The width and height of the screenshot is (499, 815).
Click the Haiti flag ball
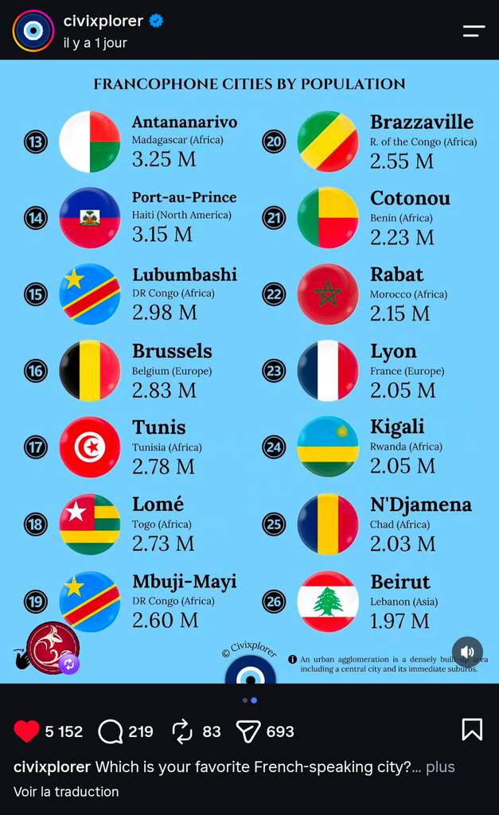pyautogui.click(x=90, y=218)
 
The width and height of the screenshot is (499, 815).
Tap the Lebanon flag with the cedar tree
pyautogui.click(x=328, y=602)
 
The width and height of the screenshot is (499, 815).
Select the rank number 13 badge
pyautogui.click(x=36, y=142)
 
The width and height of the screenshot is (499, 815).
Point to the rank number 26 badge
pyautogui.click(x=274, y=602)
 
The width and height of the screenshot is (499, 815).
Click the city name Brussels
pyautogui.click(x=172, y=351)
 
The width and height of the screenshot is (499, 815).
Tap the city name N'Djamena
pyautogui.click(x=421, y=504)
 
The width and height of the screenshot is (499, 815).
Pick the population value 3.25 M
pyautogui.click(x=164, y=159)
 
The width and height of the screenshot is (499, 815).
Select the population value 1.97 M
pyautogui.click(x=400, y=621)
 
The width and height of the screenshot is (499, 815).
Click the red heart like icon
pyautogui.click(x=26, y=731)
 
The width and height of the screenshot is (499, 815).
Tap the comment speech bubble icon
pyautogui.click(x=110, y=732)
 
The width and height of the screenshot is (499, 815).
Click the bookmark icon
pyautogui.click(x=472, y=729)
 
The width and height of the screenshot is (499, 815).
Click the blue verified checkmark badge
pyautogui.click(x=157, y=21)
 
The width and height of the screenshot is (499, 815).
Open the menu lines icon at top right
pyautogui.click(x=474, y=31)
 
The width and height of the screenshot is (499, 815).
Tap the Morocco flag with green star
pyautogui.click(x=328, y=294)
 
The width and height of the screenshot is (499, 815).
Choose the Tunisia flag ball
pyautogui.click(x=90, y=447)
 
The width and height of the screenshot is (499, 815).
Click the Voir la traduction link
pyautogui.click(x=66, y=792)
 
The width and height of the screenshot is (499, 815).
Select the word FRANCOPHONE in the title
pyautogui.click(x=156, y=84)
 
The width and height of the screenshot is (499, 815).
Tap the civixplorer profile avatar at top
pyautogui.click(x=33, y=31)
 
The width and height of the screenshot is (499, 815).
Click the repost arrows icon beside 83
pyautogui.click(x=182, y=732)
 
